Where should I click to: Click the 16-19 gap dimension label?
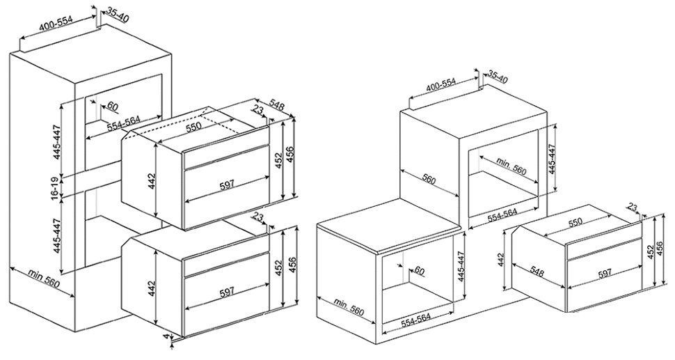(55, 187)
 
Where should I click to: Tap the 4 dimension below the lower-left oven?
(166, 336)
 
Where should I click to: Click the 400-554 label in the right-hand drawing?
(440, 86)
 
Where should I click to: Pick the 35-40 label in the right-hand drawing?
(498, 77)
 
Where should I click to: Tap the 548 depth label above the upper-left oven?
(277, 106)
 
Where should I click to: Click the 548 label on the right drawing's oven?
(537, 272)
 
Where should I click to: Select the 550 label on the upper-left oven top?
(193, 129)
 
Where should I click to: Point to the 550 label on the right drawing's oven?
(574, 222)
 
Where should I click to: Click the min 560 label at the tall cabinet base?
(44, 279)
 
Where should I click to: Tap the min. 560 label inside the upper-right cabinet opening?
(511, 166)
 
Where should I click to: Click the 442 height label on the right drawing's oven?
(500, 261)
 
